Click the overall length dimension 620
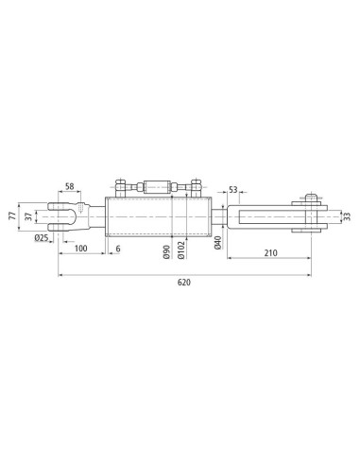point(184,283)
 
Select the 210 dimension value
point(271,252)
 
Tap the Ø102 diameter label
point(181,250)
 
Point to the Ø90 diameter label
point(166,252)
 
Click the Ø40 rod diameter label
point(218,243)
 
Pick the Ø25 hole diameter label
point(42,238)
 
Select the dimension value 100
point(80,249)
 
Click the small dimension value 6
point(118,249)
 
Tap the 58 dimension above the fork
point(69,186)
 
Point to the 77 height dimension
point(12,216)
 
